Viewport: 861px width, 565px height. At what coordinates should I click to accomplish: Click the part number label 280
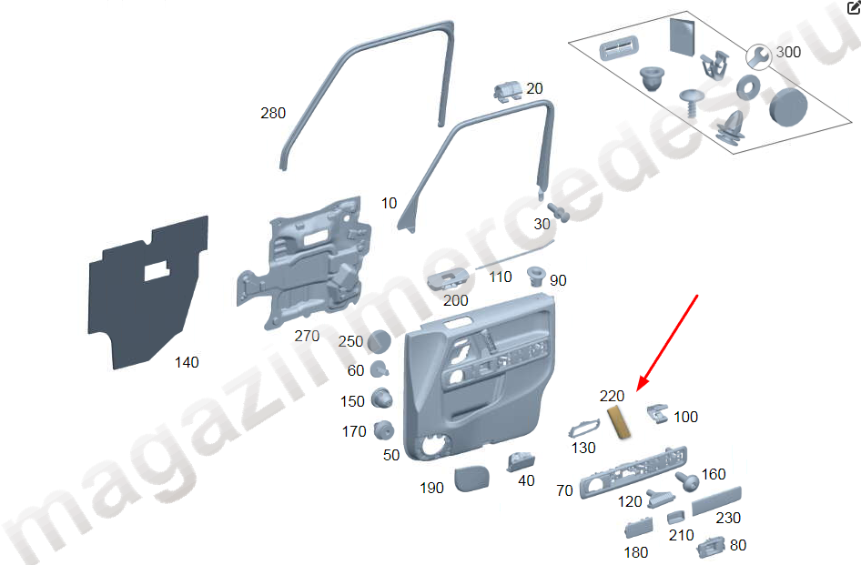273,113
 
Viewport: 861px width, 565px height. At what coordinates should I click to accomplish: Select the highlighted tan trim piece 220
619,423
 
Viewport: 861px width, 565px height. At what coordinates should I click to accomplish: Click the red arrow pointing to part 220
667,343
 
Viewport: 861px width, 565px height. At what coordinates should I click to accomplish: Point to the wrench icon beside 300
759,57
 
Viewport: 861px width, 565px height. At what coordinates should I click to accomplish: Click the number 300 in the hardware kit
788,52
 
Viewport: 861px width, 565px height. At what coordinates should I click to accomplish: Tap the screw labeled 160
687,481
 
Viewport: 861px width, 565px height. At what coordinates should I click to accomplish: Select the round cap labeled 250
379,341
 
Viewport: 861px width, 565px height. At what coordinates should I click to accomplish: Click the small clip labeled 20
507,91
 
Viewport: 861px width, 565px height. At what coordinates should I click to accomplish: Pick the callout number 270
307,336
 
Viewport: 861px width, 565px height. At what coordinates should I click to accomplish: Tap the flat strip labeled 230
716,500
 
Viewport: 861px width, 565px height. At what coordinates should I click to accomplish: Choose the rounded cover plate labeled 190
471,479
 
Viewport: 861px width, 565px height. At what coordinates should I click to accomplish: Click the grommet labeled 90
535,276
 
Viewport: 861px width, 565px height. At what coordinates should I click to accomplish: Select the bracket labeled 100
657,413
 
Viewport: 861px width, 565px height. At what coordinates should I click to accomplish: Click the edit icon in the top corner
854,6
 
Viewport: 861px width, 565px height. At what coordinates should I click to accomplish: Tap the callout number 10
389,204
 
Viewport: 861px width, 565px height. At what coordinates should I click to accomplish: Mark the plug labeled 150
381,399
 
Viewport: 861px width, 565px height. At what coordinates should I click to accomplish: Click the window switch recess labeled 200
449,279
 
